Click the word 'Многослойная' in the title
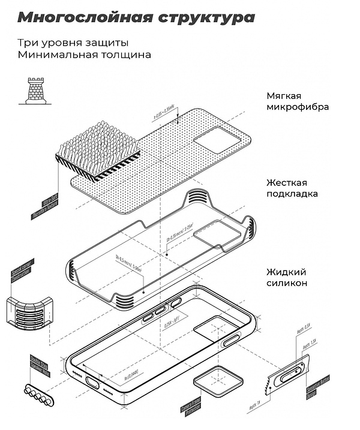[78, 17]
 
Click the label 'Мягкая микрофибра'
[298, 101]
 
